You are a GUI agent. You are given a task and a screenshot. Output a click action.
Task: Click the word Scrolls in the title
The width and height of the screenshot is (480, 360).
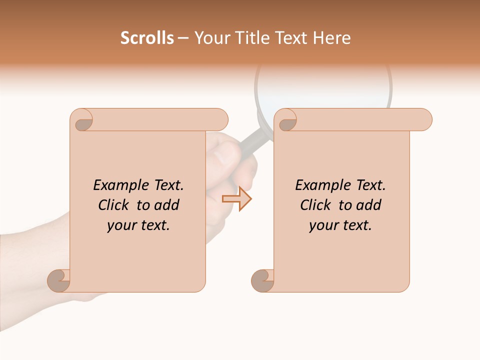point(147,38)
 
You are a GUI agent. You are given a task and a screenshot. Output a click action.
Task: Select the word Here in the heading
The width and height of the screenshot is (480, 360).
point(332,38)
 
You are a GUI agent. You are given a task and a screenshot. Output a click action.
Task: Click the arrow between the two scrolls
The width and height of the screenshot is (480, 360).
point(236,198)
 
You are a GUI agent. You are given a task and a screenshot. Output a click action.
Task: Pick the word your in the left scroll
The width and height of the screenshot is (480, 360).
point(121,225)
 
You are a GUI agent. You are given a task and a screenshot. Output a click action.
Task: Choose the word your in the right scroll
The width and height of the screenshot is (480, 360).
point(323,225)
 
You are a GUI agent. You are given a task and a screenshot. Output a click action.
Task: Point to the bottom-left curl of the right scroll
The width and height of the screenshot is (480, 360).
point(262,280)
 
